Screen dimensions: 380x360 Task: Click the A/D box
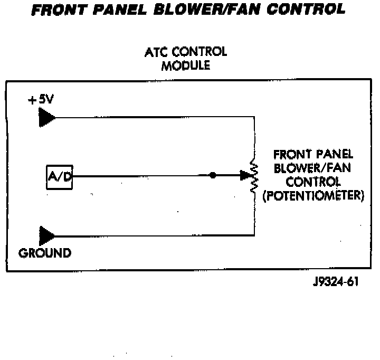(59, 177)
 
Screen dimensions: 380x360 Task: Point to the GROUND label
(45, 253)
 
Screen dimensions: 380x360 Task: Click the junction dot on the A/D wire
(212, 175)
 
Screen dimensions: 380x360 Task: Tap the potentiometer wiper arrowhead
(244, 175)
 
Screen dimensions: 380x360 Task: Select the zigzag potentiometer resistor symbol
(254, 175)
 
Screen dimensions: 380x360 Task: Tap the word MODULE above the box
(185, 66)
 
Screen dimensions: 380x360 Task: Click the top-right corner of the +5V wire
(254, 118)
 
